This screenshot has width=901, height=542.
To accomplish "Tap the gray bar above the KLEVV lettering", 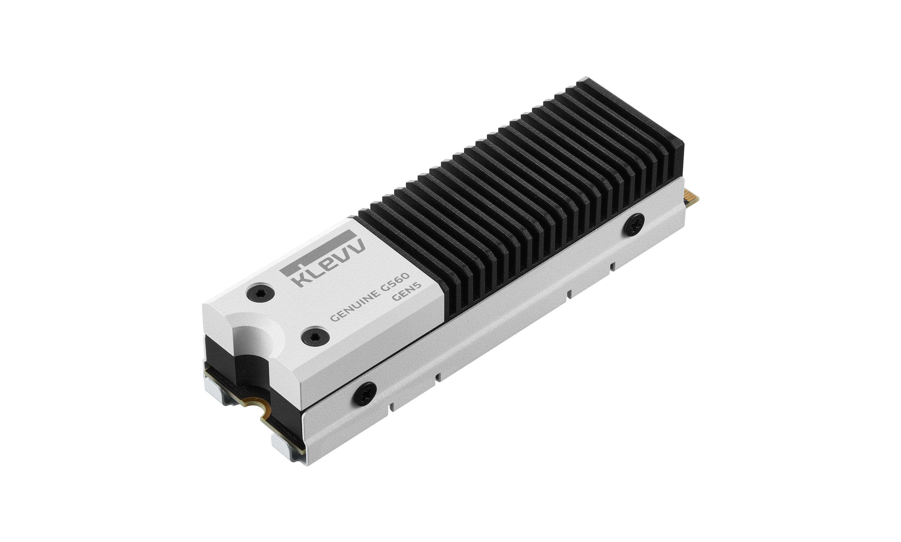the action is [x=317, y=252].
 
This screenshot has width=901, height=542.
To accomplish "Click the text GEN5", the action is [x=407, y=291].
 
